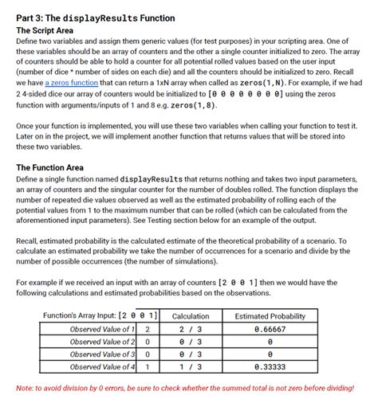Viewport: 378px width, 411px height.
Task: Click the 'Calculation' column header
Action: (190, 316)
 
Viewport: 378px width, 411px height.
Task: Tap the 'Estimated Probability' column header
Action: (270, 316)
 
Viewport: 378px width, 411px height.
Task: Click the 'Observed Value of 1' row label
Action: (101, 329)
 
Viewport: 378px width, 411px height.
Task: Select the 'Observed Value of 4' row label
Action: (101, 366)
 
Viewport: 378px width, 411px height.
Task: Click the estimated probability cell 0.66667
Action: (270, 329)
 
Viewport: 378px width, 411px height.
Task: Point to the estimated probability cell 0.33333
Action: (270, 366)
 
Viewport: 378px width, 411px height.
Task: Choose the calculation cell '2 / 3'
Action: (190, 329)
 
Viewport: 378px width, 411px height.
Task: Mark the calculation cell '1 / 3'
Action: (190, 366)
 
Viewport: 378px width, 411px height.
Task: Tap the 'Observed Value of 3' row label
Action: (101, 354)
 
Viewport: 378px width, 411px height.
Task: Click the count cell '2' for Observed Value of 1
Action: (148, 329)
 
